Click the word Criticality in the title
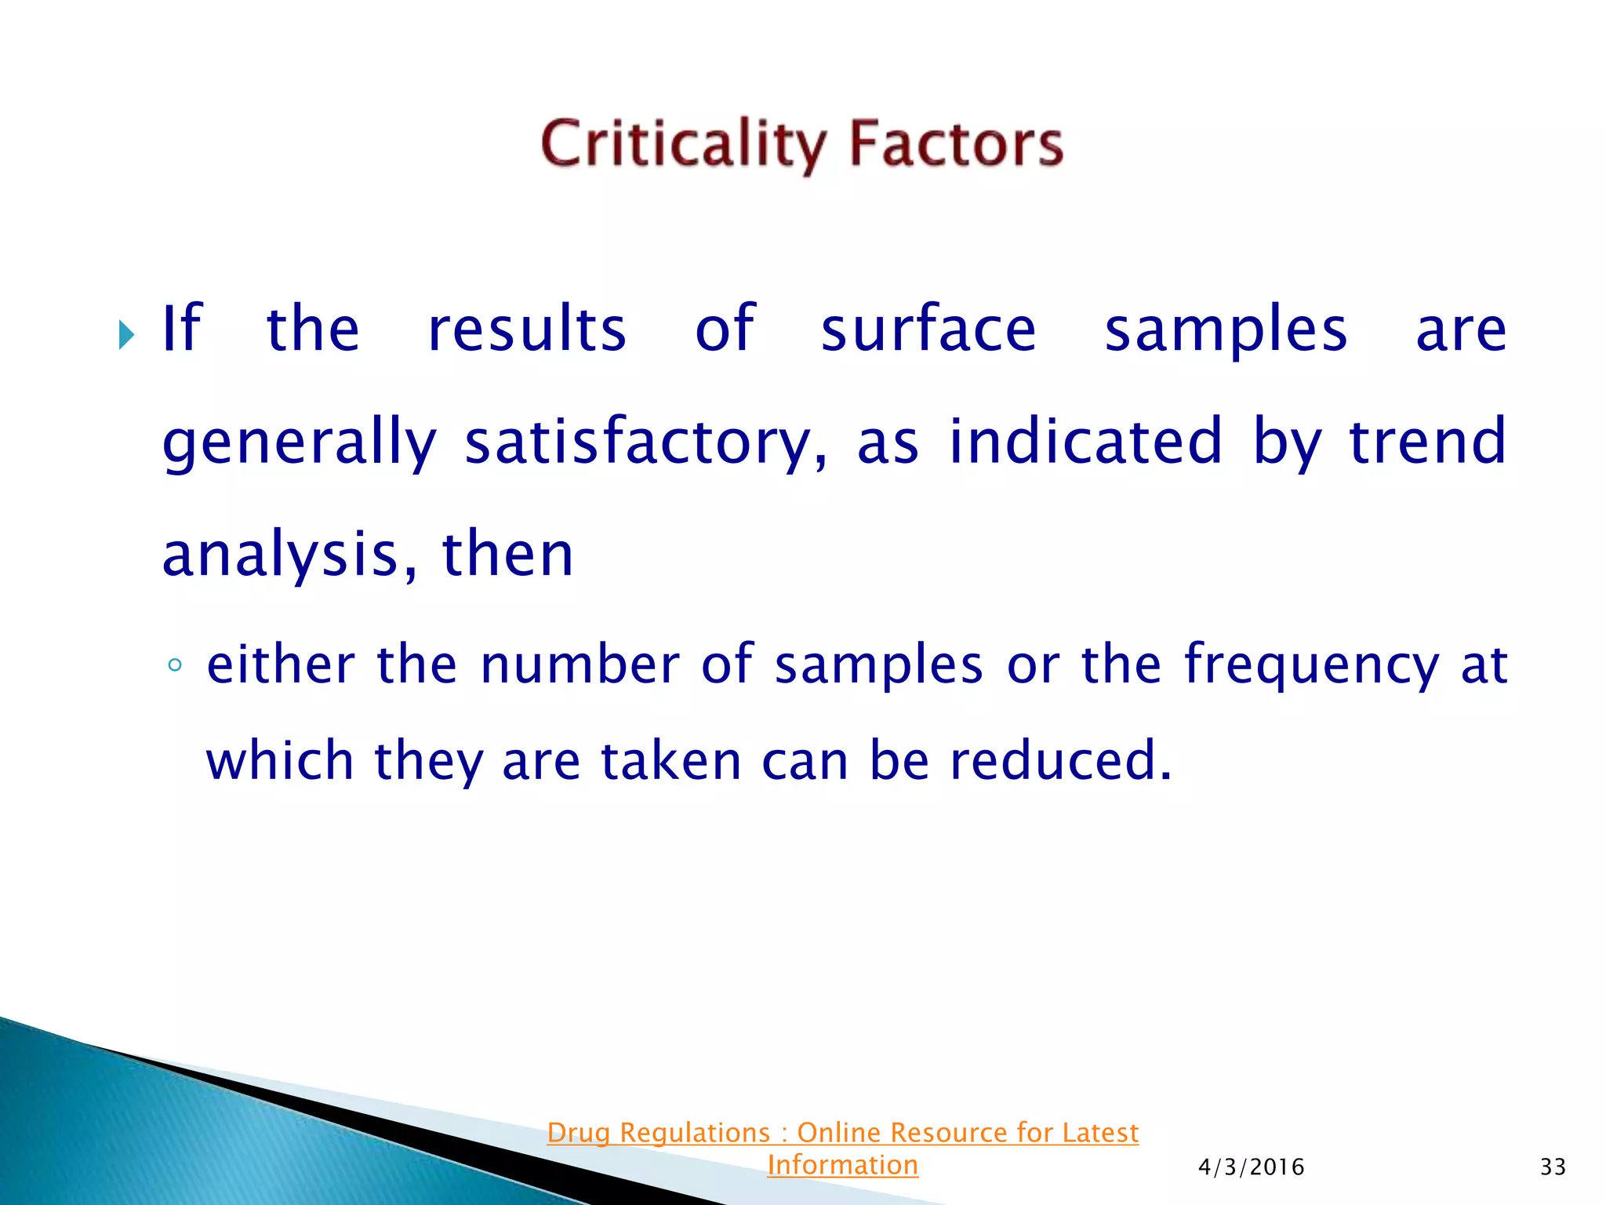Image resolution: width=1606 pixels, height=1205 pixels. pos(682,145)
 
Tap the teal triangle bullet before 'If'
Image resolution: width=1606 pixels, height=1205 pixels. pos(126,335)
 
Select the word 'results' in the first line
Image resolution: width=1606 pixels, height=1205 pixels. pos(527,329)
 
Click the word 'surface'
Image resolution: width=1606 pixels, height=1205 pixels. pos(928,329)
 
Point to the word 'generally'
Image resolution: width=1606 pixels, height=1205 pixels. pos(299,443)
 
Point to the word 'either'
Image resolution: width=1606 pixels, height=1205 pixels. pos(282,665)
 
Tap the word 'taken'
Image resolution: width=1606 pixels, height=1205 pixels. pos(670,761)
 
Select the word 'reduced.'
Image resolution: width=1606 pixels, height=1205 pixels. pos(1061,761)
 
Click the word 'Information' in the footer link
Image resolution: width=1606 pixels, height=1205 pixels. pos(842,1165)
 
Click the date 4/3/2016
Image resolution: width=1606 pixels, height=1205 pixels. pos(1251,1167)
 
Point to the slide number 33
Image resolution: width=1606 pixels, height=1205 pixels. pos(1553,1167)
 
